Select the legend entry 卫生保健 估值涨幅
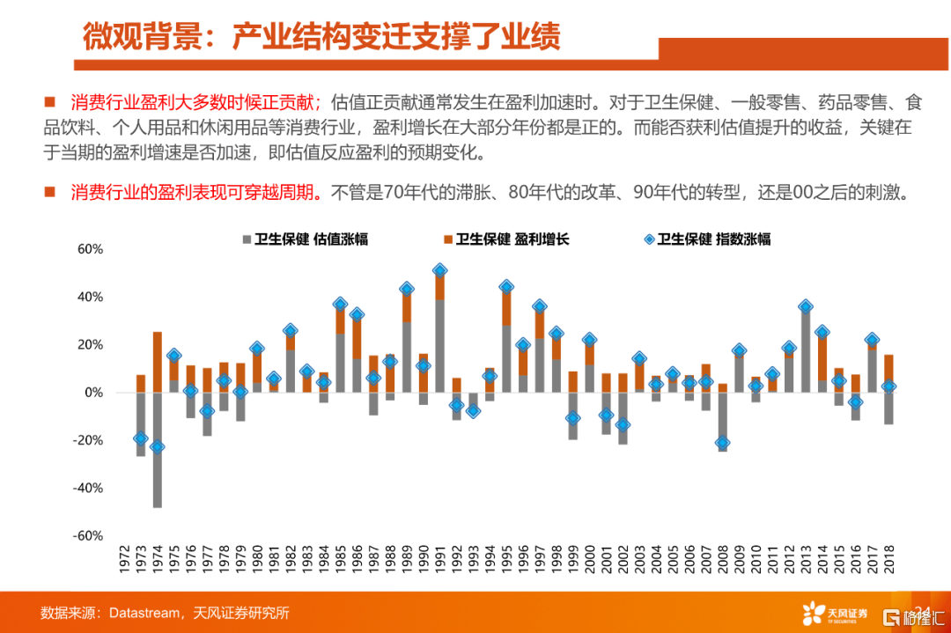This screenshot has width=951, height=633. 303,239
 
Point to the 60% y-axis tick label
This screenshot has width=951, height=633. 91,249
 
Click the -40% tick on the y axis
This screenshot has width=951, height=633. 88,488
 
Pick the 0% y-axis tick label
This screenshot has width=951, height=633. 93,393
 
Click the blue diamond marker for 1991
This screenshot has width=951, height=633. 440,270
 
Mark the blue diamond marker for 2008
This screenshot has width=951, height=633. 723,443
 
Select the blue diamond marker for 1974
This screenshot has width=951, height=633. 158,446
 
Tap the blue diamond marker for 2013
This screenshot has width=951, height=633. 806,307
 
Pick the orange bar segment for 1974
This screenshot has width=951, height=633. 158,362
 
